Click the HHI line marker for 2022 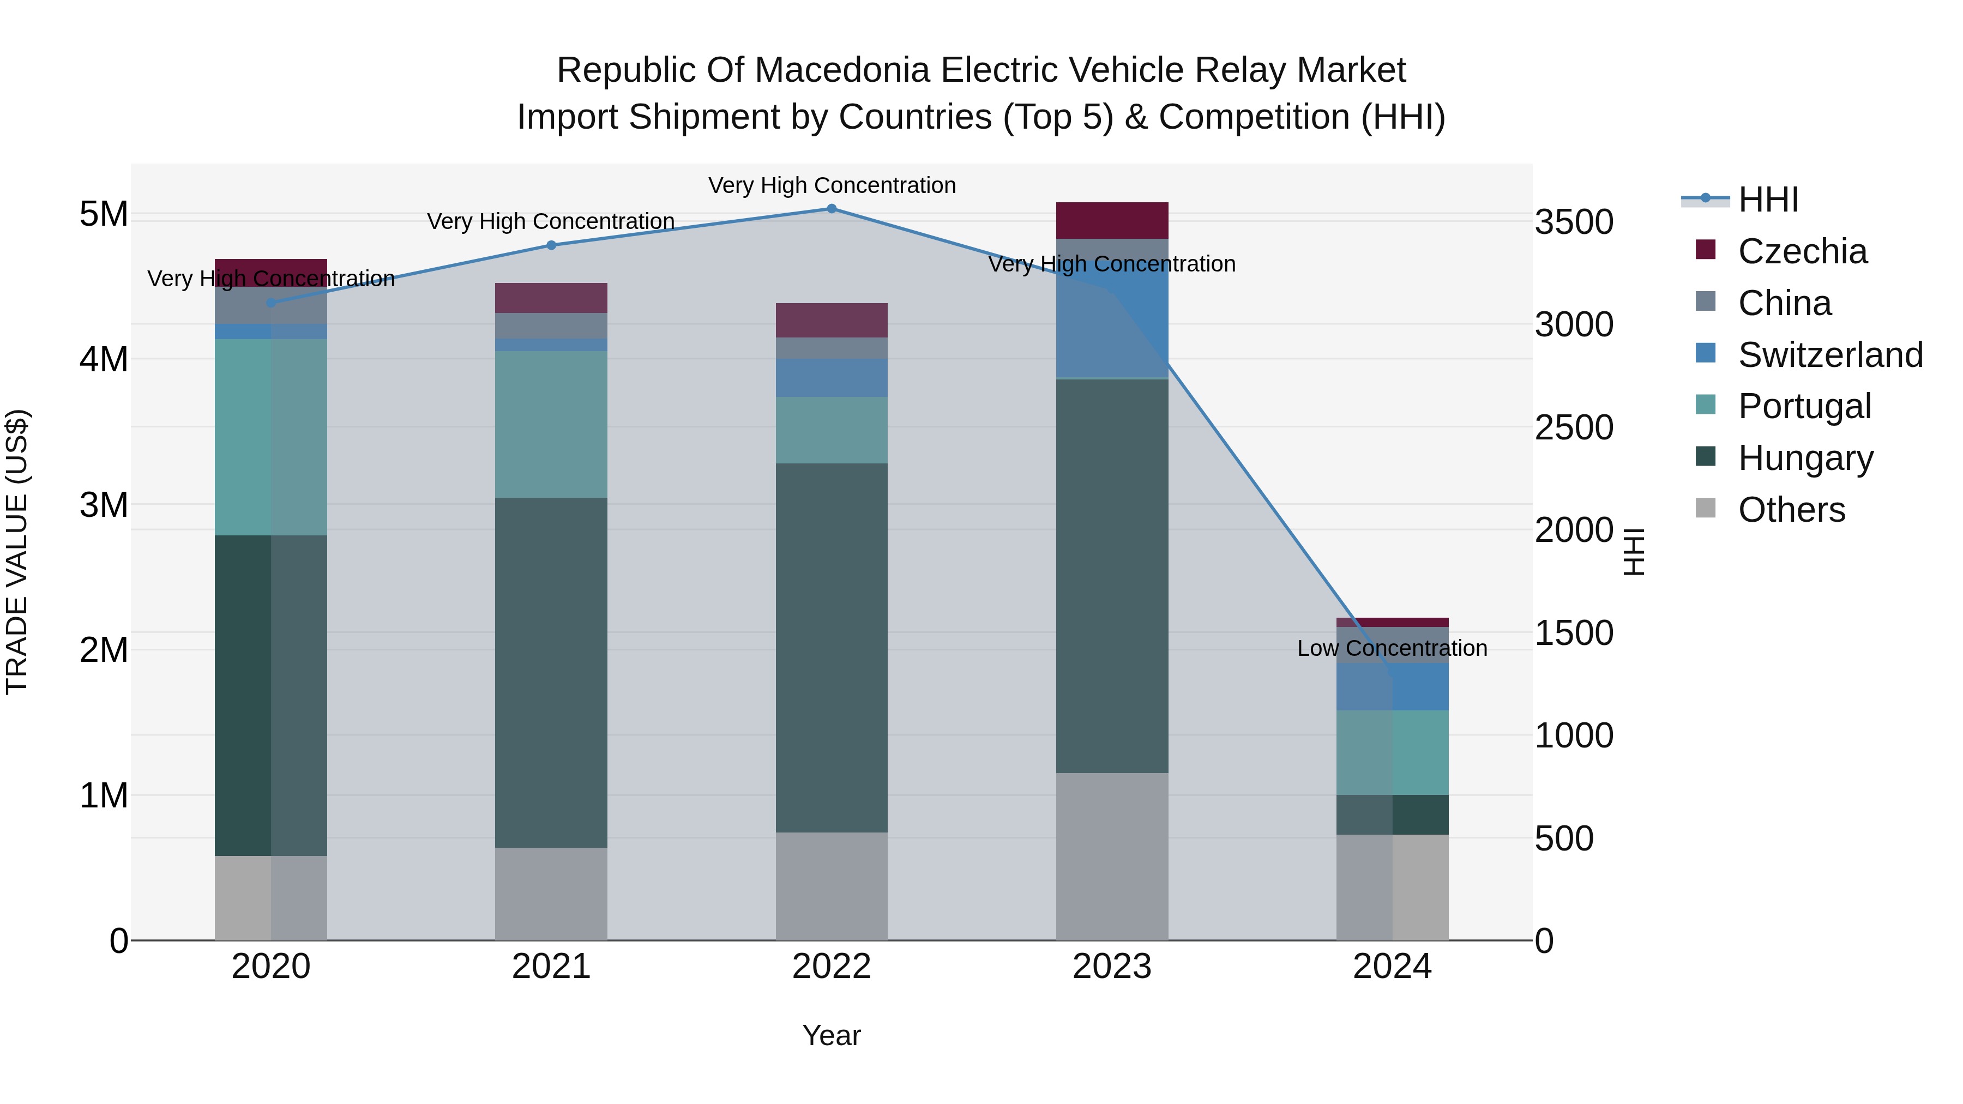pos(832,209)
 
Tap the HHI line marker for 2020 pos(272,303)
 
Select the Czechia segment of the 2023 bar pos(1112,221)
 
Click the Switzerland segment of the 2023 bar pos(1112,309)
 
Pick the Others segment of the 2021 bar pos(551,894)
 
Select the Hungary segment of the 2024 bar pos(1392,815)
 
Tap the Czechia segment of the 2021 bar pos(551,298)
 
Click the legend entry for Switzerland pos(1829,355)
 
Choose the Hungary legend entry pos(1804,458)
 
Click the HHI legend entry pos(1768,200)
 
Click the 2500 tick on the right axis pos(1574,427)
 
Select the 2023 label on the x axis pos(1112,967)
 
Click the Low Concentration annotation pos(1392,648)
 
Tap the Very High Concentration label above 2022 pos(832,185)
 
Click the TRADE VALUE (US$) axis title pos(17,552)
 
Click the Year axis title pos(832,1035)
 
